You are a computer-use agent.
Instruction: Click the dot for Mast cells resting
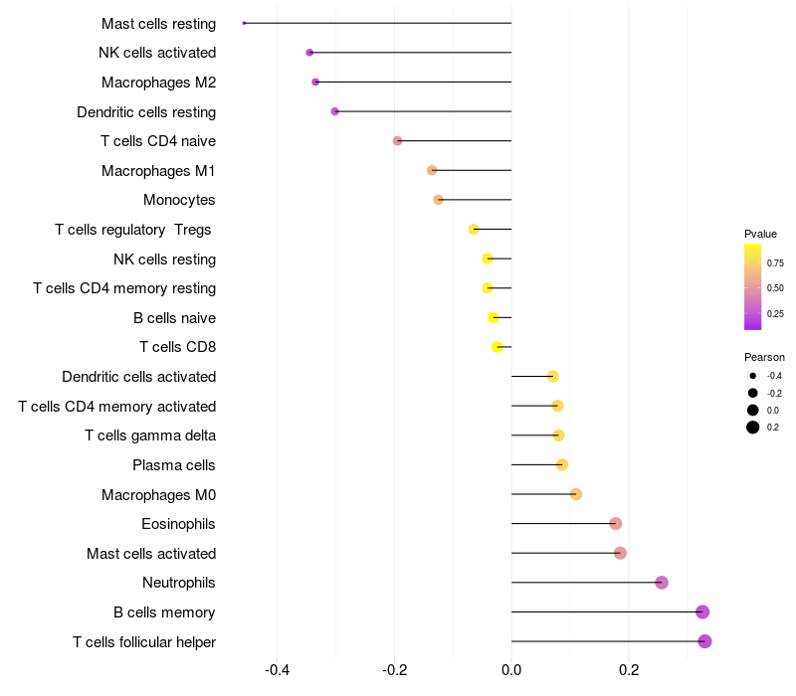244,23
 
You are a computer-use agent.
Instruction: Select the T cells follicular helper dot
704,641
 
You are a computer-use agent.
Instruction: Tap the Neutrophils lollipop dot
662,583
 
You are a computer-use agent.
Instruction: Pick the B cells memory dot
702,611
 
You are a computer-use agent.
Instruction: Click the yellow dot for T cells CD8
497,347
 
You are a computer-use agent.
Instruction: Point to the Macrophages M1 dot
432,170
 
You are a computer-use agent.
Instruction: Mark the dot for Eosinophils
615,524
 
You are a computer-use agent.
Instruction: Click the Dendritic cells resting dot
335,111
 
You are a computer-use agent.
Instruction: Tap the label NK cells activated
157,53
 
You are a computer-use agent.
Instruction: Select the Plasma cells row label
174,465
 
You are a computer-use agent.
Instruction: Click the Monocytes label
179,200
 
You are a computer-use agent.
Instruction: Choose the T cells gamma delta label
150,435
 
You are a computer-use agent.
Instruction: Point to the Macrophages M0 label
158,494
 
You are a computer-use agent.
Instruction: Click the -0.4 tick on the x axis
278,671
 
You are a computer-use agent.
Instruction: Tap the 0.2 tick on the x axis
629,671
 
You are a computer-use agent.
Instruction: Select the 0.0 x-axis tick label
511,671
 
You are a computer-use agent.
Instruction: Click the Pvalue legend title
760,234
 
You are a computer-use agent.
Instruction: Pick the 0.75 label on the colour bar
775,262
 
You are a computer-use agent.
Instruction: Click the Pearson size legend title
764,357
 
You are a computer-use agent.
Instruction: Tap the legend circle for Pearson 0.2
753,428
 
